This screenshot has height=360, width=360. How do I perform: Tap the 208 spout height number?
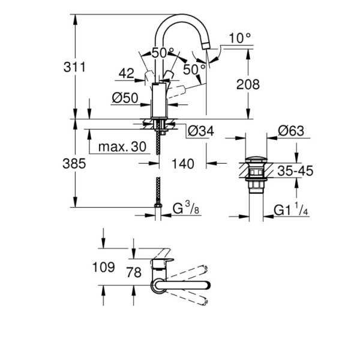point(248,85)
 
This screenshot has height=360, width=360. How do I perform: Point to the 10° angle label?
point(239,38)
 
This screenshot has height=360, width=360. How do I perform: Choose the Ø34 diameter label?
point(200,130)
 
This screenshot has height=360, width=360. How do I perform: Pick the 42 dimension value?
point(126,74)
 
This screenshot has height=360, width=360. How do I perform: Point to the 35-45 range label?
point(295,171)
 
